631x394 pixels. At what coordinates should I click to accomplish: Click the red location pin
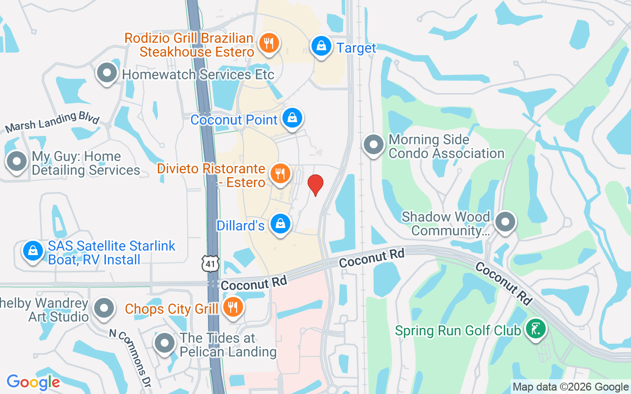tap(315, 185)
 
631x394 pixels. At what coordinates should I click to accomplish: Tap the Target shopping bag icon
tap(321, 46)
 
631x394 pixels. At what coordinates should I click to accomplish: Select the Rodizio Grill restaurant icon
tap(269, 43)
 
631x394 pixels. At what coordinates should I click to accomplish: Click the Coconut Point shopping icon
tap(292, 118)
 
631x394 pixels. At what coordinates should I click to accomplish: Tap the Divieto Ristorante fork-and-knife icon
tap(280, 173)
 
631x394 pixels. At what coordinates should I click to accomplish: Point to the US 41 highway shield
tap(210, 264)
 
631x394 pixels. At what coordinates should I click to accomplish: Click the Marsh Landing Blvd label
tap(52, 122)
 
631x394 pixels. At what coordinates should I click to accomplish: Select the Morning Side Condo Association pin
tap(373, 145)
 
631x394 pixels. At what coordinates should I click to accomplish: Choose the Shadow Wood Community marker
tap(505, 222)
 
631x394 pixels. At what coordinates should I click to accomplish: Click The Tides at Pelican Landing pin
tap(165, 343)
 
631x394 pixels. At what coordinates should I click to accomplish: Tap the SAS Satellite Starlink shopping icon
tap(33, 251)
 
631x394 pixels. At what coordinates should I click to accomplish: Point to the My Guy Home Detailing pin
tap(17, 161)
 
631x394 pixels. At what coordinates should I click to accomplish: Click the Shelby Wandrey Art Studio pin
tap(104, 308)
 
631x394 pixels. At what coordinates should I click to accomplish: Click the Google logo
tap(33, 382)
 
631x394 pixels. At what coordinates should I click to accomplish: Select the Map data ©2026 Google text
tap(570, 387)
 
